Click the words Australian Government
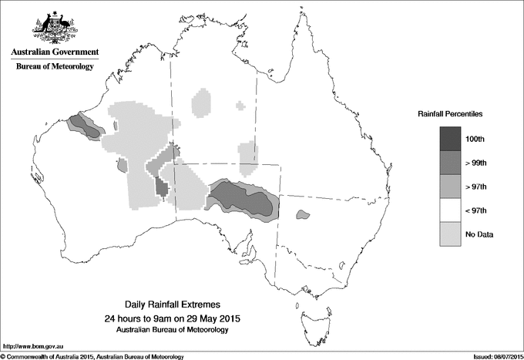(x=54, y=52)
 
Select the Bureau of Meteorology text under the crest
(x=54, y=66)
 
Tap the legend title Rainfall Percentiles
(x=450, y=113)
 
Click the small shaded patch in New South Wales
(x=302, y=215)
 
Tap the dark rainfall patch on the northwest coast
(x=84, y=126)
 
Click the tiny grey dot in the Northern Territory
(x=241, y=105)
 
